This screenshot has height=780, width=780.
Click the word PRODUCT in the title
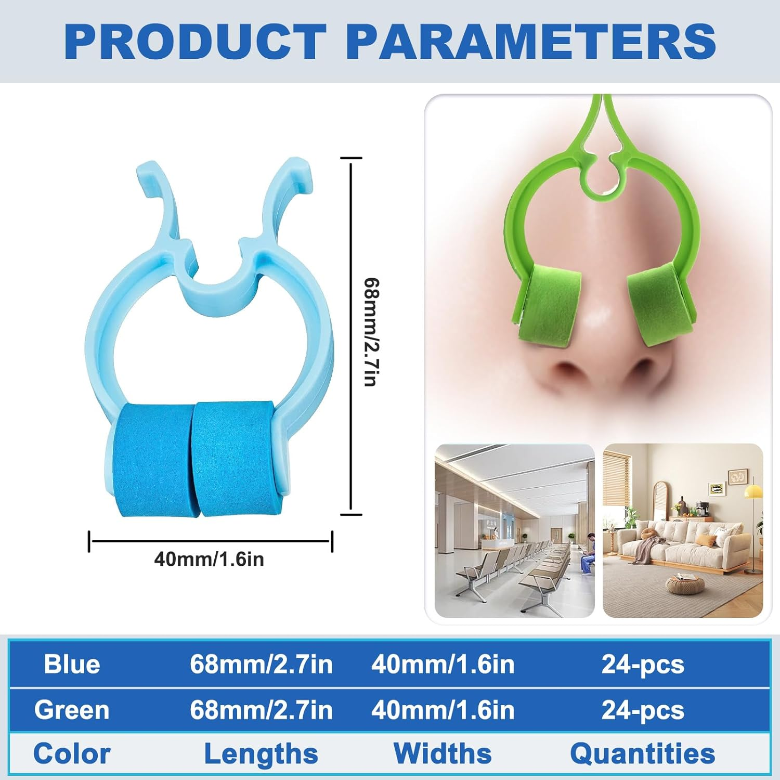(195, 42)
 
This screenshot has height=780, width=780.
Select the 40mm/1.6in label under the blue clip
(209, 560)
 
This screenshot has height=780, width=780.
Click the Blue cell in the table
(72, 664)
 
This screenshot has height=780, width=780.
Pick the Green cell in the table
(72, 710)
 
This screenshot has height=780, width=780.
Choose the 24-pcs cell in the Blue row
(643, 664)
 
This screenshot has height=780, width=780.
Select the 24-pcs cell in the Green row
(643, 710)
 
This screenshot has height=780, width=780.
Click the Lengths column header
(261, 753)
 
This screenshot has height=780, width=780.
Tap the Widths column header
(443, 753)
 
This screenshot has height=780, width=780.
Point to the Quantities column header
(643, 753)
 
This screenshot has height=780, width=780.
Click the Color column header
(72, 753)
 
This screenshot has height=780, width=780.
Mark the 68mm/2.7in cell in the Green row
(261, 710)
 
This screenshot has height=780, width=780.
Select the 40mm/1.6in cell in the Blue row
(443, 664)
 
